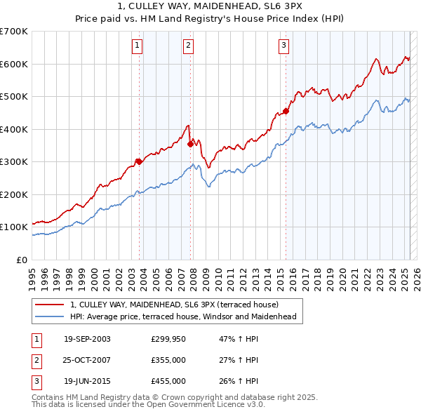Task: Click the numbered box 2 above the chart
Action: click(x=189, y=46)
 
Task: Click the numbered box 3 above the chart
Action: click(x=283, y=46)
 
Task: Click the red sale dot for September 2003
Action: click(x=139, y=161)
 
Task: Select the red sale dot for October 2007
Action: click(x=191, y=144)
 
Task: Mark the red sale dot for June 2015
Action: click(x=286, y=111)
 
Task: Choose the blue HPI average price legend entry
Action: click(x=183, y=316)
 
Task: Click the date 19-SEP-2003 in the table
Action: click(x=87, y=339)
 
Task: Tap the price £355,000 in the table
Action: click(x=168, y=360)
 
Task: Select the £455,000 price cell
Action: click(x=168, y=381)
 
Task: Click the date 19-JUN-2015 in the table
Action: click(x=87, y=381)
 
